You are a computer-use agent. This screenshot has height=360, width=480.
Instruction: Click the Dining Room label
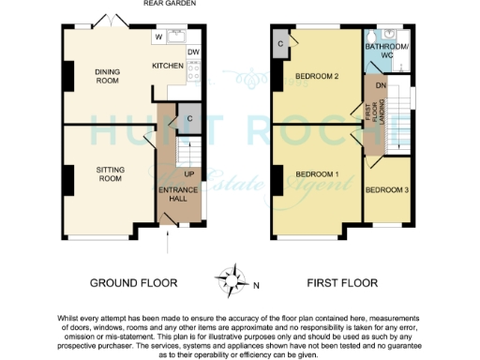pos(109,76)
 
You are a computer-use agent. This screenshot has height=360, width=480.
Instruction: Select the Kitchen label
pos(167,67)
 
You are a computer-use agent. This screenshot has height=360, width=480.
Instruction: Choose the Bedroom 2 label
pos(315,76)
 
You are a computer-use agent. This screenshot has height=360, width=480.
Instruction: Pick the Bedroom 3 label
pos(386,190)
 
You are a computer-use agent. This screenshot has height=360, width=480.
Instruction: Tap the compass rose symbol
pos(230,278)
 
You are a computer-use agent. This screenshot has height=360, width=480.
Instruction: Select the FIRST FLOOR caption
pos(341,282)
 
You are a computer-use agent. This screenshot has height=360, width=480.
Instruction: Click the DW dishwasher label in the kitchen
pos(192,52)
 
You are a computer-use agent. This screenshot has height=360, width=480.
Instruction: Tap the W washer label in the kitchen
pos(158,37)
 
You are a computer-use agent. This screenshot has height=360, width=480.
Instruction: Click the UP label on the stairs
pos(188,174)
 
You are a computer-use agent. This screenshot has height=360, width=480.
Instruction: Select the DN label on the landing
pos(381,86)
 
